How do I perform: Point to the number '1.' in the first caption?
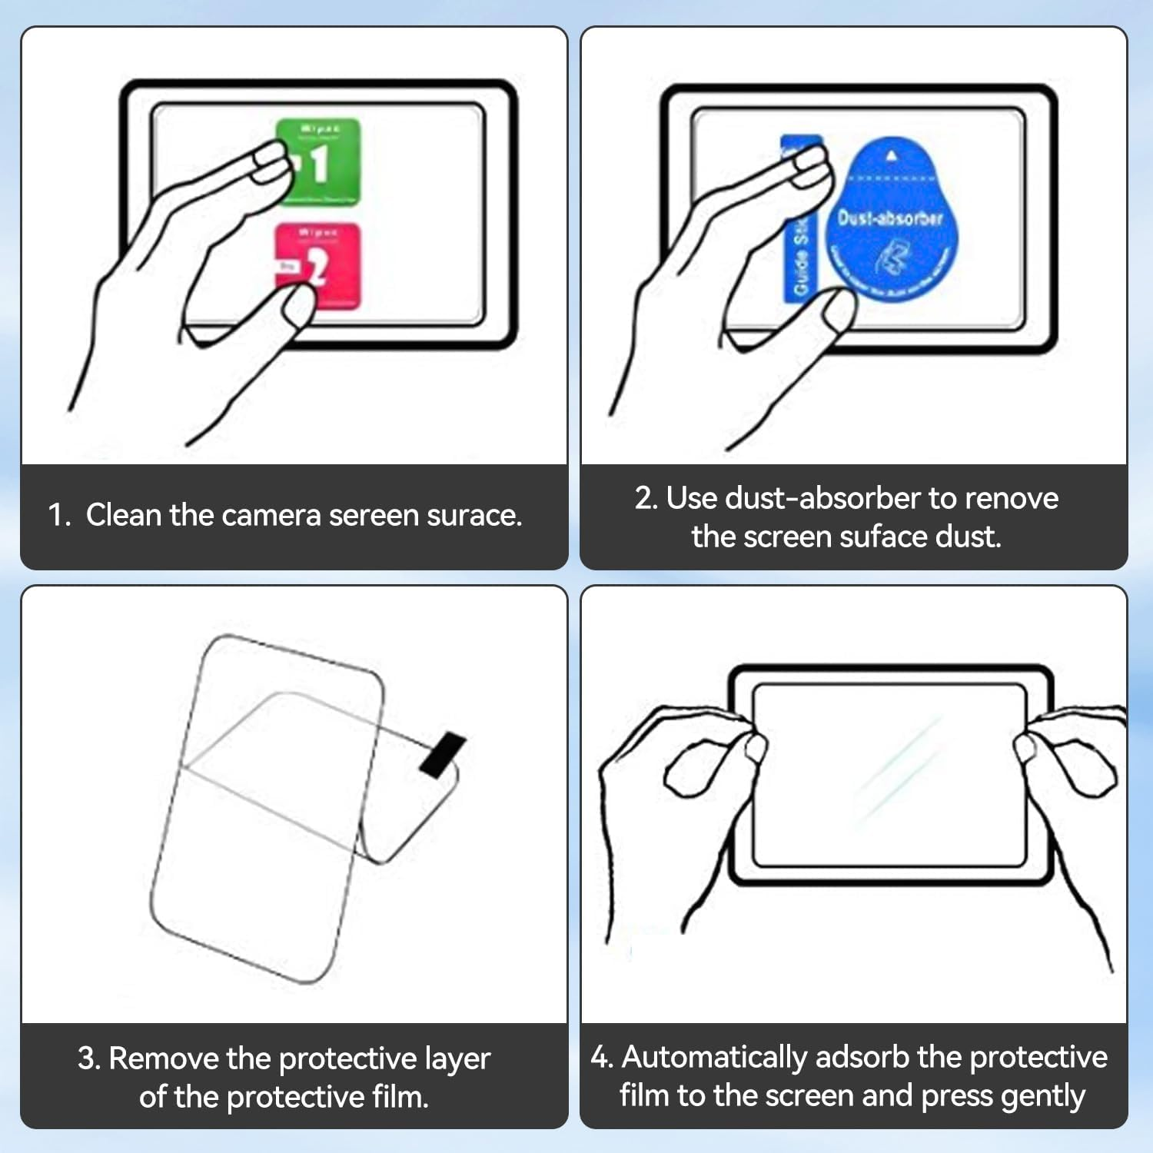coord(59,515)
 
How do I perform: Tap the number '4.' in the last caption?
coord(602,1057)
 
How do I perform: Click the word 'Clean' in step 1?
coord(124,515)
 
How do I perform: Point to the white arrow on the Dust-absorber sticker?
coord(891,156)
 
